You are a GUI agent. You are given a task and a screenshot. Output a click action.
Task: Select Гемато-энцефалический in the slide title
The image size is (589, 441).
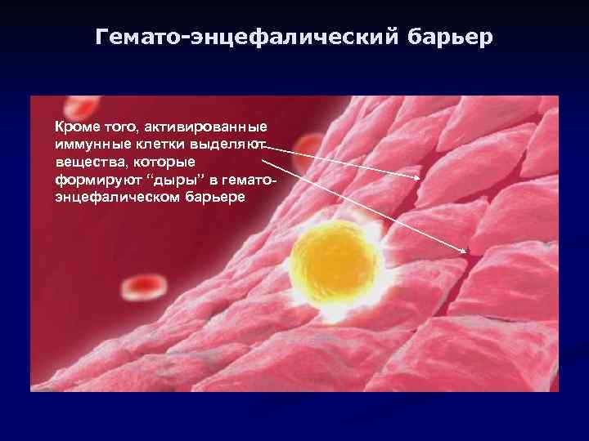[245, 38]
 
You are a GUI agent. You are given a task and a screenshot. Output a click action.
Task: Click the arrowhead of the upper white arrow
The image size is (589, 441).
[420, 178]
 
